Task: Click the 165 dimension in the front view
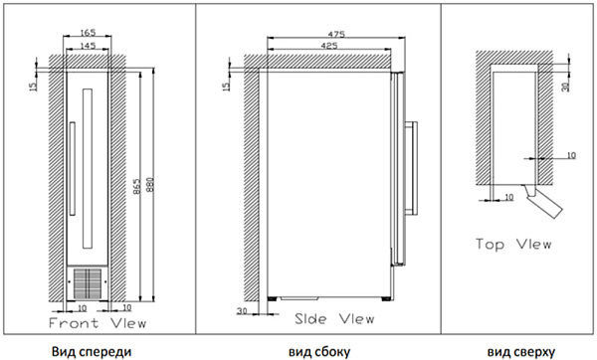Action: click(x=88, y=33)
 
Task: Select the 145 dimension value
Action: click(x=88, y=46)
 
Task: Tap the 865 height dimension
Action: click(x=137, y=187)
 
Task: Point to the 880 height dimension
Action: click(x=149, y=185)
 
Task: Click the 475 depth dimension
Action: click(x=336, y=34)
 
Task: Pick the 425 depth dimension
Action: click(x=329, y=46)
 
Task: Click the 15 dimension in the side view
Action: click(x=226, y=86)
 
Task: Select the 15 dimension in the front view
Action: click(x=34, y=86)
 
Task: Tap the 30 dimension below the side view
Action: click(x=242, y=311)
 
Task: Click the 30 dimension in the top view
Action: click(x=566, y=88)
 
